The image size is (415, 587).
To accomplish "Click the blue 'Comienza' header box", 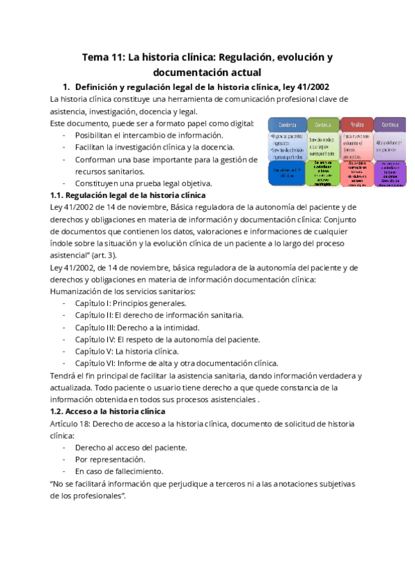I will tap(286, 125).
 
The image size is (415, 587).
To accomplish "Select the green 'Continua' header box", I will tap(321, 125).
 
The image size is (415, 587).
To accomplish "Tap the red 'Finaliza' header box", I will tap(356, 125).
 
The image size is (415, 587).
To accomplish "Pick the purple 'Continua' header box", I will tap(389, 125).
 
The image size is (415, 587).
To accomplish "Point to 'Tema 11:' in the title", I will tap(103, 57).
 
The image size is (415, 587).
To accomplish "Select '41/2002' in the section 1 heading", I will tap(311, 87).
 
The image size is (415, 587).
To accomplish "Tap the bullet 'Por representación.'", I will tap(110, 459).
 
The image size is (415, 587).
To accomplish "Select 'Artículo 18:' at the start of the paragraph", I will tap(73, 423).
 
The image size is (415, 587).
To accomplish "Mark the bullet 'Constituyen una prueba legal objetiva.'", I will tap(143, 183).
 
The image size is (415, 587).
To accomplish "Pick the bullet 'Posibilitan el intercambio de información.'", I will tap(149, 135).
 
